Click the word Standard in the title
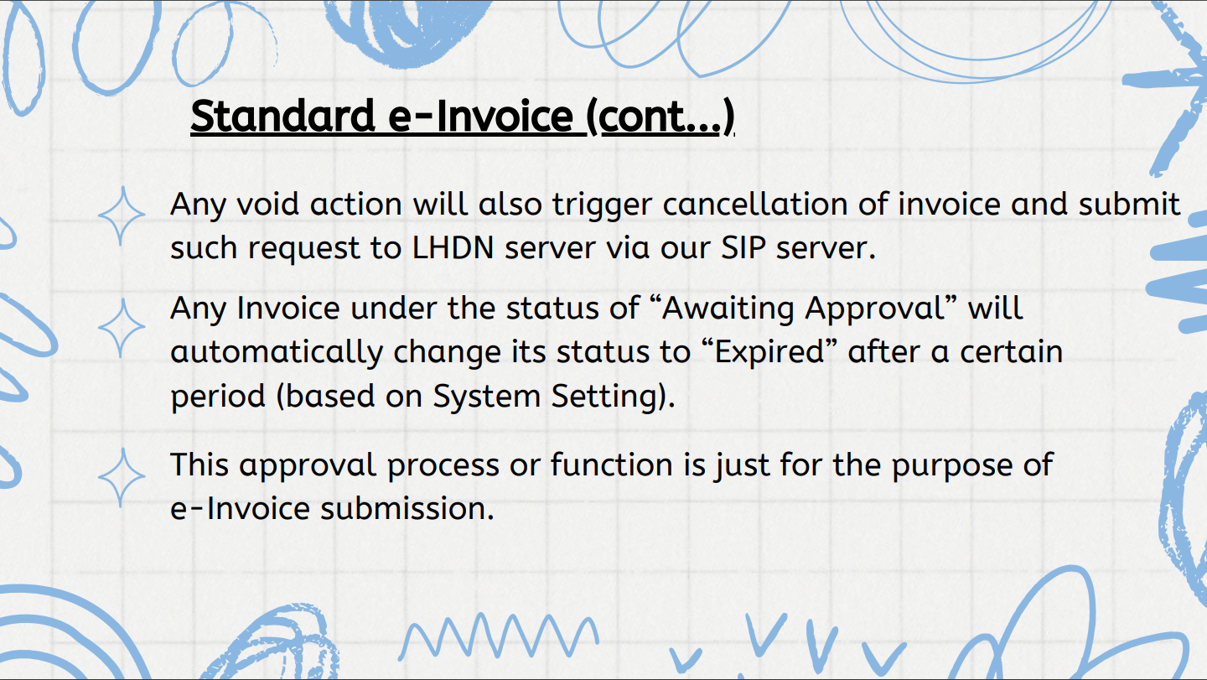pos(283,116)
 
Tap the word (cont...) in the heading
pos(660,117)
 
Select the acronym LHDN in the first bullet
pos(453,248)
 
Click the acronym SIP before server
pos(743,248)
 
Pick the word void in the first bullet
pos(268,205)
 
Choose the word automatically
pos(277,353)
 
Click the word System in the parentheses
pos(486,396)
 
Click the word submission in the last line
pos(407,509)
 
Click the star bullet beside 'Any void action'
pos(122,215)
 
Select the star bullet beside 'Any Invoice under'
pos(122,328)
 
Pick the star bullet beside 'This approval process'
pos(122,477)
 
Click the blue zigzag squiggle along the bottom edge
pos(499,636)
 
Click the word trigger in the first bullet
pos(603,205)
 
